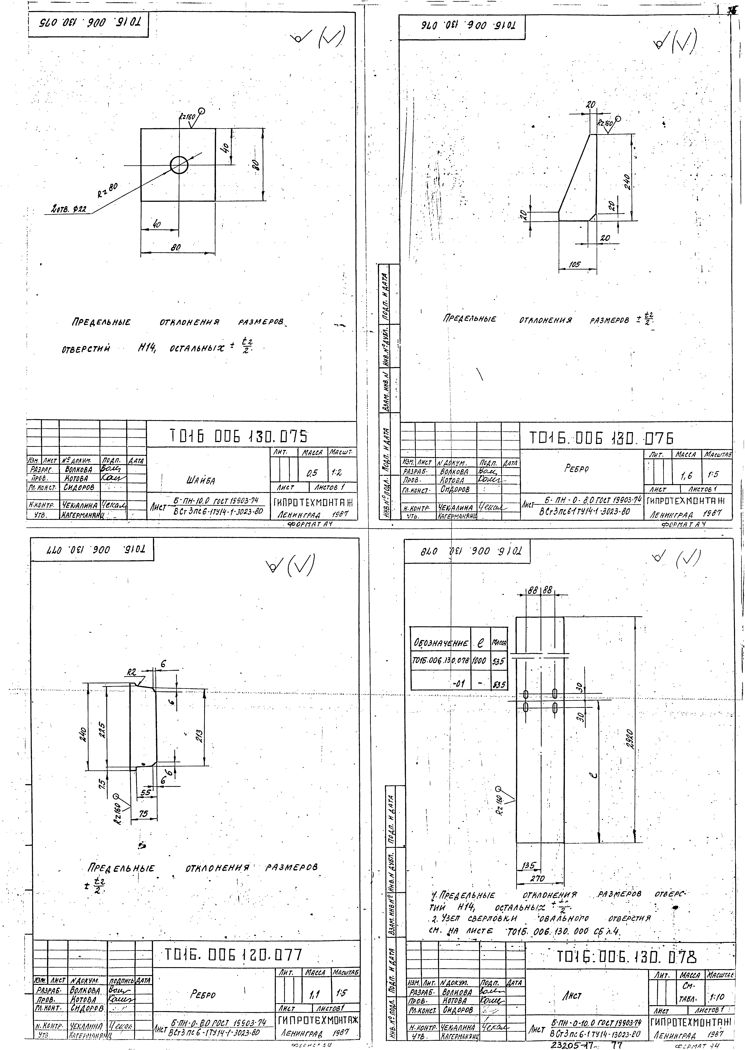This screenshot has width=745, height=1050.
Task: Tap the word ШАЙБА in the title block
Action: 200,481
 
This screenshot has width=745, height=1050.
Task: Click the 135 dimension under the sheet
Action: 529,866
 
